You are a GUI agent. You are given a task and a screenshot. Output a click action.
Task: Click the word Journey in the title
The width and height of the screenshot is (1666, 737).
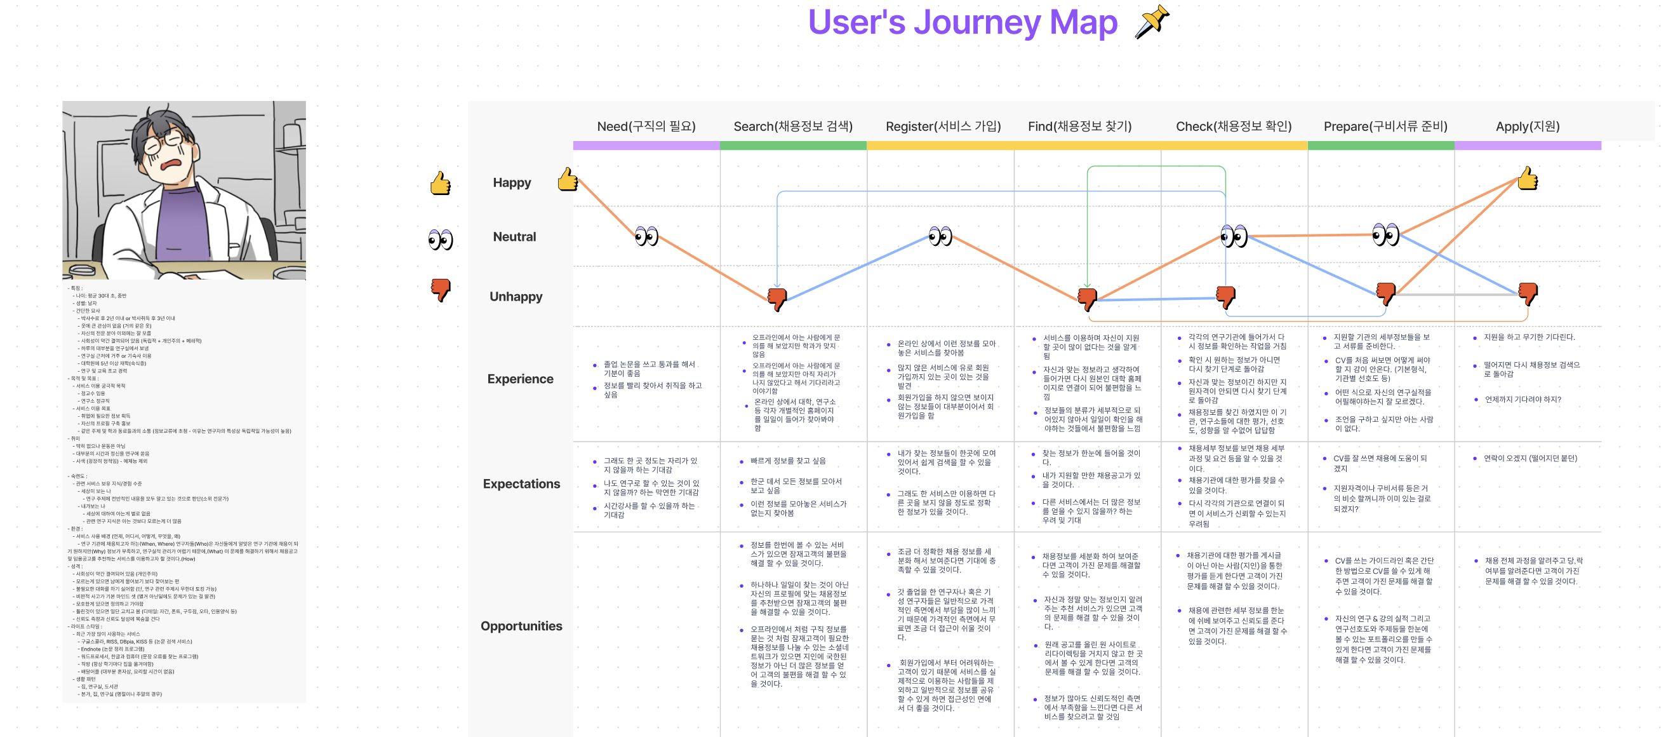pos(977,23)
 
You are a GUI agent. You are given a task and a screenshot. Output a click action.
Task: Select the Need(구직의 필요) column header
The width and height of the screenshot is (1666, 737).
pos(646,126)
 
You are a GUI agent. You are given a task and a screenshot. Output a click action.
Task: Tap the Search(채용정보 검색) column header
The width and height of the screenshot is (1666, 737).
pos(792,126)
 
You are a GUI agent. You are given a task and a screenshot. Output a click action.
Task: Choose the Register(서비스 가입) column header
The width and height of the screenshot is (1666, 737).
pos(942,126)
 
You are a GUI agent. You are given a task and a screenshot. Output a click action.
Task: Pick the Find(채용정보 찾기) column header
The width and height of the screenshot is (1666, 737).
pos(1079,126)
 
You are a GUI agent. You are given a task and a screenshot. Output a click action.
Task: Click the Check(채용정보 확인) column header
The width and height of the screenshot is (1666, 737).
pos(1233,126)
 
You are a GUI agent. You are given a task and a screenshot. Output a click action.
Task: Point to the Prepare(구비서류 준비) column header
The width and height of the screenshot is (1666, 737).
pos(1385,126)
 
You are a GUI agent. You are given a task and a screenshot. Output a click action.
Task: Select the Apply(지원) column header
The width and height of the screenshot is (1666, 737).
pos(1527,126)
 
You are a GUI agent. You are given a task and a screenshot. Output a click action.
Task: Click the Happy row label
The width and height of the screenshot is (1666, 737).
pos(512,182)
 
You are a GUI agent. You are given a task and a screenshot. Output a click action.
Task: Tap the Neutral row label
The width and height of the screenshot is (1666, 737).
pos(514,237)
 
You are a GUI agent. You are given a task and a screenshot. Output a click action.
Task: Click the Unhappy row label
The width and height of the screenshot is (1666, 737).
pos(516,296)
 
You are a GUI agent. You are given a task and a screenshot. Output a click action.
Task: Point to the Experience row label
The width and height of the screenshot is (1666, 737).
pos(520,379)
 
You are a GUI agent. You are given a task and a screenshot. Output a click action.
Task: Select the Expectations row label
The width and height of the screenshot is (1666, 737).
pos(521,483)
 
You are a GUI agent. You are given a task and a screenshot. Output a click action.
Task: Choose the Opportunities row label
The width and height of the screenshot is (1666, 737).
pos(521,626)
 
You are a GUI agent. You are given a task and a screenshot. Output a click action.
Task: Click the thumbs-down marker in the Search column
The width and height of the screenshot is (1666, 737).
pos(776,298)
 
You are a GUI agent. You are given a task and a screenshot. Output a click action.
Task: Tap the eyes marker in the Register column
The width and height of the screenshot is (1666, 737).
pos(940,236)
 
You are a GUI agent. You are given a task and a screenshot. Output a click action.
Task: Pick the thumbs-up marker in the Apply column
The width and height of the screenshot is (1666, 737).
pos(1527,179)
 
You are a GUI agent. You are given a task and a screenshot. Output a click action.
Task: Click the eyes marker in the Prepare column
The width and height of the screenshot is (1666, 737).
pos(1385,234)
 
